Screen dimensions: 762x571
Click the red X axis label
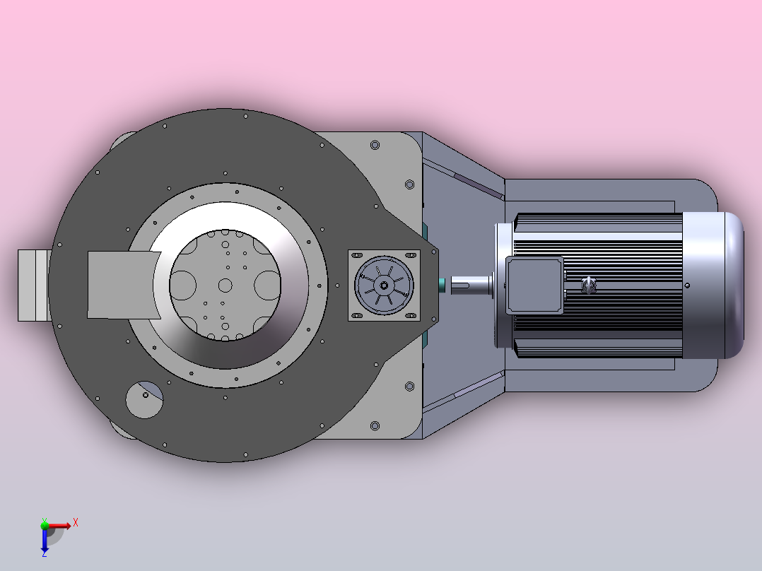tap(76, 523)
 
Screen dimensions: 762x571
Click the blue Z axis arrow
tap(45, 541)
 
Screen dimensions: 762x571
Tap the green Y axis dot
tap(45, 525)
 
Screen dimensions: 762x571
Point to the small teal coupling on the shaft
tap(442, 285)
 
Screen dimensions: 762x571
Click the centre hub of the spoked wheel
tap(384, 285)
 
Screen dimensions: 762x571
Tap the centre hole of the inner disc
tap(225, 285)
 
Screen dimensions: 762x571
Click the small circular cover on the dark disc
tap(144, 399)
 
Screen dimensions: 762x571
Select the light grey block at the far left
tap(34, 285)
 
